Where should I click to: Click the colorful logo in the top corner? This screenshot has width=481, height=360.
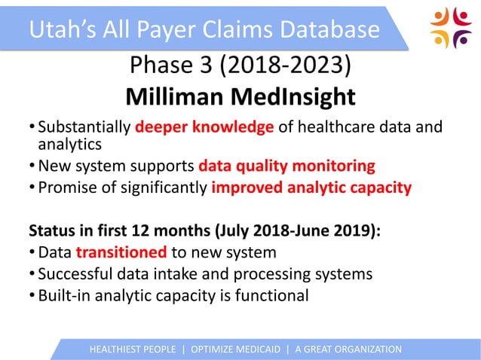[450, 28]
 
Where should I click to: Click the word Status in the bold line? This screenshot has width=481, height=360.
[51, 229]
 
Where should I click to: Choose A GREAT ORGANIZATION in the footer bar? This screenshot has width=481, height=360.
[348, 349]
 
